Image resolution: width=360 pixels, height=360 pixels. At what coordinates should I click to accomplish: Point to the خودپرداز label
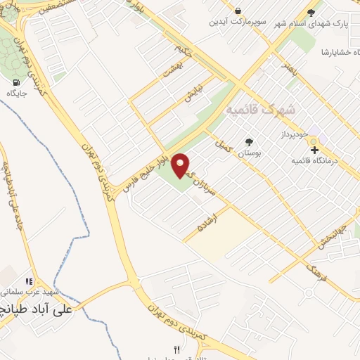pyautogui.click(x=295, y=133)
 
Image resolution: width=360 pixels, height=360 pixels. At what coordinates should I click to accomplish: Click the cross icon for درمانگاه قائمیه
pyautogui.click(x=314, y=149)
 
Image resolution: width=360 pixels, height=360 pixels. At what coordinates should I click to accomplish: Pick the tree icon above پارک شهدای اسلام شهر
pyautogui.click(x=311, y=13)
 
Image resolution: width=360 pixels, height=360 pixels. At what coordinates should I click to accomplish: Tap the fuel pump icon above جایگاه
pyautogui.click(x=15, y=82)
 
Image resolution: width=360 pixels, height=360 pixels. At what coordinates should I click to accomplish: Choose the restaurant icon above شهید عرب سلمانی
pyautogui.click(x=29, y=280)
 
